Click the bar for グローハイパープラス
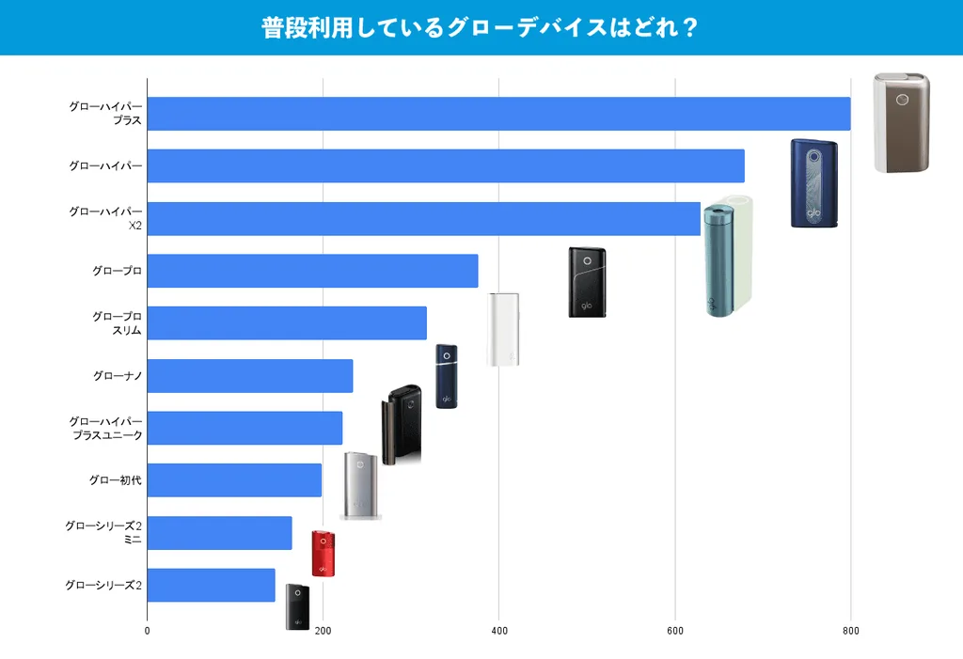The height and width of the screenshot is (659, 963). click(x=498, y=114)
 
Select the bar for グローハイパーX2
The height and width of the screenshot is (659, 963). click(x=424, y=219)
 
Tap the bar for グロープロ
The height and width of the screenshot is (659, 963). click(x=312, y=271)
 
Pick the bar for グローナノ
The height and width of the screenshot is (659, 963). click(x=250, y=376)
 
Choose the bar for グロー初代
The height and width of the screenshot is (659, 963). click(x=234, y=480)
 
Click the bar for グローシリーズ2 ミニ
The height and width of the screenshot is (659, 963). click(x=219, y=533)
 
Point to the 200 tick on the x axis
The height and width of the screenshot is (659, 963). click(x=324, y=631)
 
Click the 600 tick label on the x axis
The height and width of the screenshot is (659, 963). click(x=675, y=631)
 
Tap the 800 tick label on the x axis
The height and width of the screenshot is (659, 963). click(x=850, y=631)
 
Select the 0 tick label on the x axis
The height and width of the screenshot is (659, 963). click(x=147, y=631)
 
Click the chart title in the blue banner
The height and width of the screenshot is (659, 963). click(x=480, y=27)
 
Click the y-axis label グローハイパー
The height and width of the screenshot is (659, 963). click(x=105, y=165)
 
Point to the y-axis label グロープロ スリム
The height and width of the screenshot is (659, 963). click(x=118, y=323)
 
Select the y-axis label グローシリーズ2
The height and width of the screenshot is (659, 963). click(x=103, y=586)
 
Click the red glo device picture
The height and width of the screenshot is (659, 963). click(x=324, y=554)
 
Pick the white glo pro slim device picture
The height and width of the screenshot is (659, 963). click(x=503, y=330)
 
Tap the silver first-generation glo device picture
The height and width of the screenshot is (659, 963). click(x=360, y=486)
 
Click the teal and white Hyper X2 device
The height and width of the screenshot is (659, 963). click(x=728, y=256)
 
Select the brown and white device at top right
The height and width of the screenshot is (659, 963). click(x=902, y=123)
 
